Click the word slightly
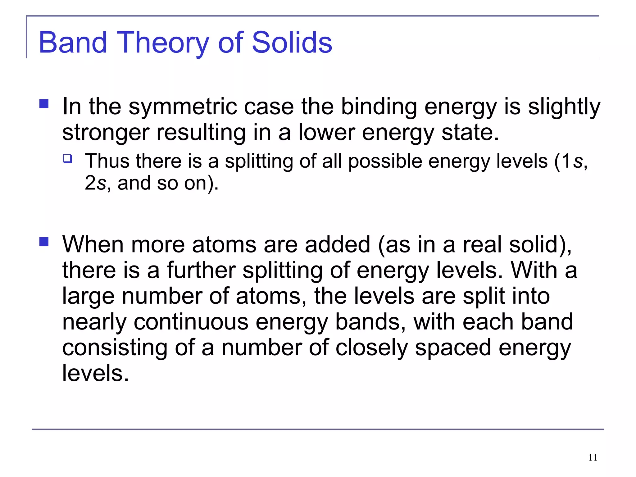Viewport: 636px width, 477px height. coord(564,107)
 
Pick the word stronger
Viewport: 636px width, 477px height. coord(106,133)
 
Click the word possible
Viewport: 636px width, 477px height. coord(385,161)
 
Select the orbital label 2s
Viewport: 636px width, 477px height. coord(95,183)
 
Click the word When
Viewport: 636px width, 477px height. coord(93,244)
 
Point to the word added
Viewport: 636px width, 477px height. coord(338,244)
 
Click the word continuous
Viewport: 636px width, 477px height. coord(191,322)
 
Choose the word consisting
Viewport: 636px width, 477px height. coord(115,348)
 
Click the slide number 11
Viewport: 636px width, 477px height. coord(593,457)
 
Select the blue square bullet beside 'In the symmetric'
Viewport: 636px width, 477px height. coord(44,104)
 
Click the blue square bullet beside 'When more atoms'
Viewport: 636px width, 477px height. coord(44,242)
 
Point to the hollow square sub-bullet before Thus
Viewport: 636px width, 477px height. coord(67,159)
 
